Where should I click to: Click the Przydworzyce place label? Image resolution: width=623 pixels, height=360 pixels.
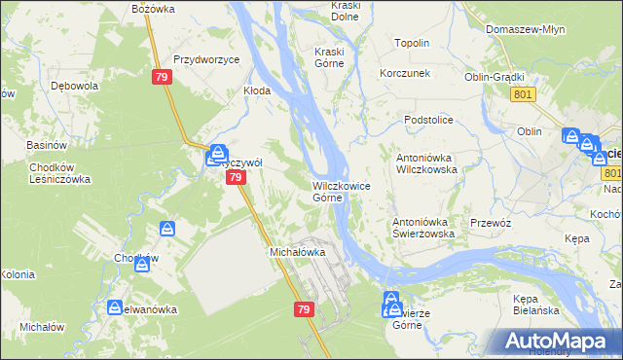click(206, 59)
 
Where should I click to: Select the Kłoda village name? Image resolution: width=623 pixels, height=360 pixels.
click(256, 90)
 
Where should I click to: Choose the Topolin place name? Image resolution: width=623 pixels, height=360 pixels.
click(412, 44)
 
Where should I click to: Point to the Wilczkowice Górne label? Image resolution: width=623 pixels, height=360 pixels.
click(340, 192)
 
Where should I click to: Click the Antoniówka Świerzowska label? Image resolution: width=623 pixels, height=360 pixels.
click(424, 228)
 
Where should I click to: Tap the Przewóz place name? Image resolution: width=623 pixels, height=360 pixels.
click(490, 222)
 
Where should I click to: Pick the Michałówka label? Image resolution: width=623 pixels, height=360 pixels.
click(296, 252)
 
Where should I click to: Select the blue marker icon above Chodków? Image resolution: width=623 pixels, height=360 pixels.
click(167, 230)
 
